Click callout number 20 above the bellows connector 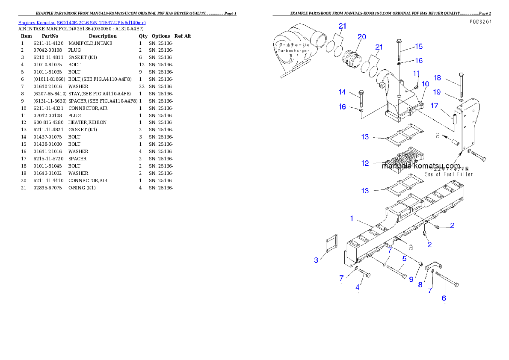pos(362,37)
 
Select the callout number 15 pos(419,46)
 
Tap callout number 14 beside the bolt pos(342,92)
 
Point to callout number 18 pos(437,78)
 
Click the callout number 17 pos(434,106)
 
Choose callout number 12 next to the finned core pos(365,163)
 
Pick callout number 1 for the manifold pos(352,218)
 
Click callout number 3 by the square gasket pos(316,260)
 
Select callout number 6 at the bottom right pos(444,298)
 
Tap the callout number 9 pos(411,279)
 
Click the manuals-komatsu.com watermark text pos(421,166)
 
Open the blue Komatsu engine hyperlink pos(82,22)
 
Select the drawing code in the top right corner pos(480,21)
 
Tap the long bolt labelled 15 pos(399,52)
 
